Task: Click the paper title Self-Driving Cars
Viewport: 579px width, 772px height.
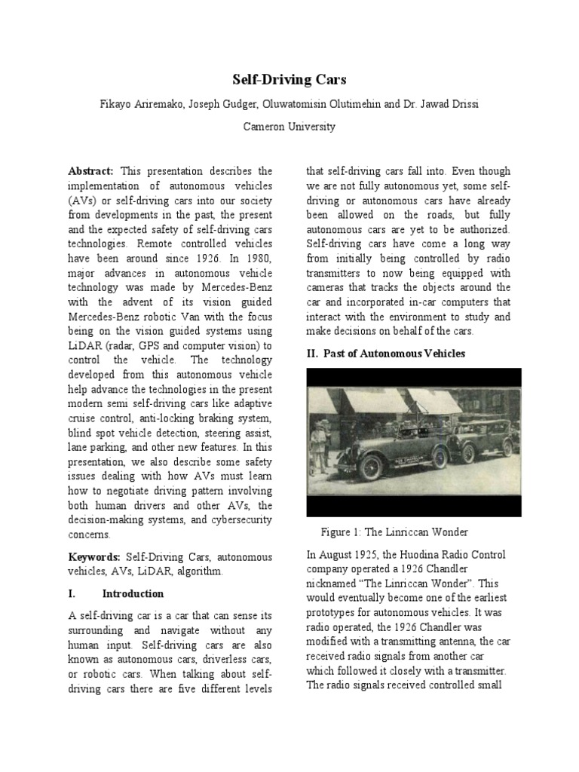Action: [x=289, y=80]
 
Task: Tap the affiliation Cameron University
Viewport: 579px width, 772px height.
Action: [x=289, y=127]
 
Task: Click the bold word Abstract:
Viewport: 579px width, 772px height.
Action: [x=90, y=171]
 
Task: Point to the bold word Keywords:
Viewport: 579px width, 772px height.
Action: [x=93, y=556]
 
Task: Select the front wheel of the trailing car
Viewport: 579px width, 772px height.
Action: [x=468, y=453]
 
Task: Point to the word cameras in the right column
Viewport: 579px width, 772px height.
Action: [x=329, y=288]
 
